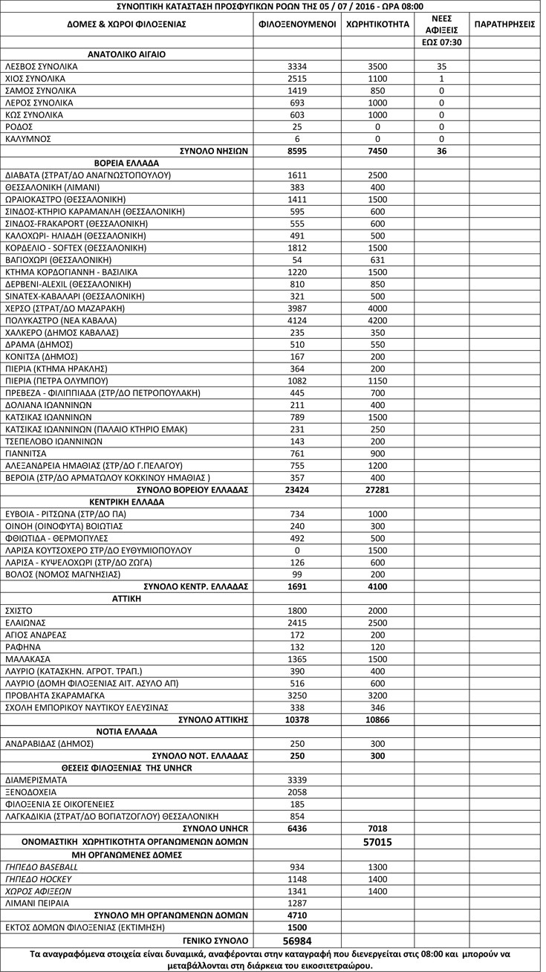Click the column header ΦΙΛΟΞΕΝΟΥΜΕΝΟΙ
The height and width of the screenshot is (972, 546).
297,24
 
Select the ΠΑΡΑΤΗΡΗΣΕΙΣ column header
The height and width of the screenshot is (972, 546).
504,24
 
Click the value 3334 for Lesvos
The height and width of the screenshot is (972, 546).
297,66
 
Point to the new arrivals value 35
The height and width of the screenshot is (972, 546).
441,66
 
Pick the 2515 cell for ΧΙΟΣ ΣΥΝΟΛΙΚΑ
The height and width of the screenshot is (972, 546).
297,79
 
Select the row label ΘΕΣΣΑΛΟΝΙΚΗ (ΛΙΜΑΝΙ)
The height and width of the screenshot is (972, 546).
54,187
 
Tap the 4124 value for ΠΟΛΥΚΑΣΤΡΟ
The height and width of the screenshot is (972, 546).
297,320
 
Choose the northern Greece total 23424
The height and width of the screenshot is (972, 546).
297,490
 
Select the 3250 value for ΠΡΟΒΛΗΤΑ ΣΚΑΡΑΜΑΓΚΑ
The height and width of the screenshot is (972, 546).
297,695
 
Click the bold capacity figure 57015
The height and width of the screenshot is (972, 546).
378,842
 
